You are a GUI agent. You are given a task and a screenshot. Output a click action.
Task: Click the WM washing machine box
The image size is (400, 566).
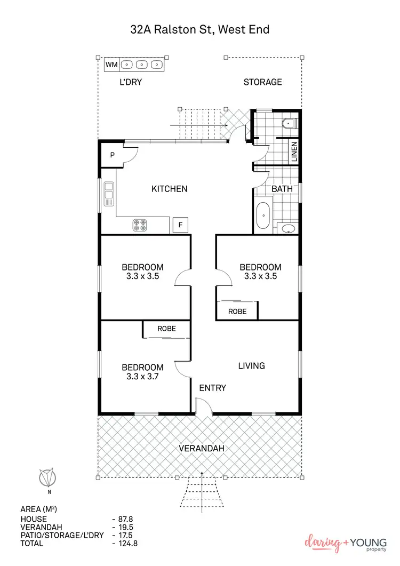(111, 65)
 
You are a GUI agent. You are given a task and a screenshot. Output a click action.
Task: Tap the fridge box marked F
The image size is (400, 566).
(180, 225)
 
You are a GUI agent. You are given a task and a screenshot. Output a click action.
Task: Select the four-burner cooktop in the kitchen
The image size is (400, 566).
(140, 226)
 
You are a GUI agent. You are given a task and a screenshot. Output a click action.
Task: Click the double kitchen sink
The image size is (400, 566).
(109, 194)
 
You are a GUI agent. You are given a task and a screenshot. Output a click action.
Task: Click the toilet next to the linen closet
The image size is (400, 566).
(289, 124)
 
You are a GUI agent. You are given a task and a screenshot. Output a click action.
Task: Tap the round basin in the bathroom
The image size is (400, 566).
(288, 229)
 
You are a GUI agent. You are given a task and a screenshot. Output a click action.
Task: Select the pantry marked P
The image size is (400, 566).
(113, 155)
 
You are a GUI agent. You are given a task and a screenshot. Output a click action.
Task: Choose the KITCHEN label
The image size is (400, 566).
(169, 189)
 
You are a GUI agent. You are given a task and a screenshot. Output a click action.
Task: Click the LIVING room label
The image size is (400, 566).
(251, 366)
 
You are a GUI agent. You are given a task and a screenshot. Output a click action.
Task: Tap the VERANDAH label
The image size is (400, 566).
(201, 448)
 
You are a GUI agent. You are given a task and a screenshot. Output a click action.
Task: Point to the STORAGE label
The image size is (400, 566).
(262, 82)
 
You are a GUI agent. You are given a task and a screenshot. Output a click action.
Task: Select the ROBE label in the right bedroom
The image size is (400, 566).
(237, 311)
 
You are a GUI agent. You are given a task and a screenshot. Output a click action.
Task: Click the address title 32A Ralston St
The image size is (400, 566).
(199, 29)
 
